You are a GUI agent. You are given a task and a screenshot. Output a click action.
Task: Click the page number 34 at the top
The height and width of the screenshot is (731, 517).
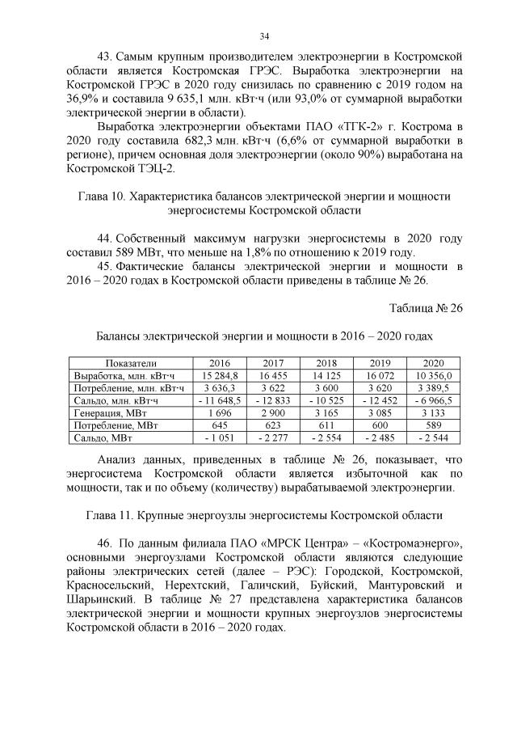[x=263, y=36]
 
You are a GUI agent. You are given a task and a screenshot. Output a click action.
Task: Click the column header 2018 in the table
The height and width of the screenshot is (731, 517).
[x=326, y=363]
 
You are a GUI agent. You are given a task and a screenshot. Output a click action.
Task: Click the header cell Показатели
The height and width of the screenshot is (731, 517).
[x=129, y=363]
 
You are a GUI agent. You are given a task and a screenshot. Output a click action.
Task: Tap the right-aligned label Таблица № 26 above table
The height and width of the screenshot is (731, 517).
[x=426, y=308]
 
